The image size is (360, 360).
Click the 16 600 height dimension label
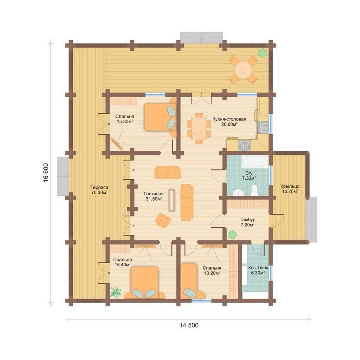(x=46, y=172)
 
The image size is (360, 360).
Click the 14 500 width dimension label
(x=189, y=325)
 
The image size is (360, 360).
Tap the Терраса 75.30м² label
(x=99, y=190)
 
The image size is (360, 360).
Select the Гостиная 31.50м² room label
(x=154, y=196)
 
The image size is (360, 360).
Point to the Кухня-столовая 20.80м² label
(x=229, y=121)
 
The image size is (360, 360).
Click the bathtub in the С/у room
(x=255, y=162)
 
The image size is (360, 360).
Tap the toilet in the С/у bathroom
(x=254, y=190)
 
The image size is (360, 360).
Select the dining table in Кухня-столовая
(x=199, y=129)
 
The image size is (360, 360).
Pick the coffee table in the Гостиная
(x=172, y=200)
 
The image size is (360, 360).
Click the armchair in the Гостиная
(x=163, y=220)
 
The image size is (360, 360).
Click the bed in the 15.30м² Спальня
(x=160, y=117)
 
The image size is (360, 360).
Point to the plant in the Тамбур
(x=232, y=235)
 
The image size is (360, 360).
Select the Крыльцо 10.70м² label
(x=290, y=189)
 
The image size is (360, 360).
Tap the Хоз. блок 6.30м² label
(x=258, y=270)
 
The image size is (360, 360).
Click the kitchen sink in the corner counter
(x=244, y=145)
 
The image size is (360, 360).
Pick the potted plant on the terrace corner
(x=262, y=53)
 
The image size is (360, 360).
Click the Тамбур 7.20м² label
(x=247, y=222)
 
